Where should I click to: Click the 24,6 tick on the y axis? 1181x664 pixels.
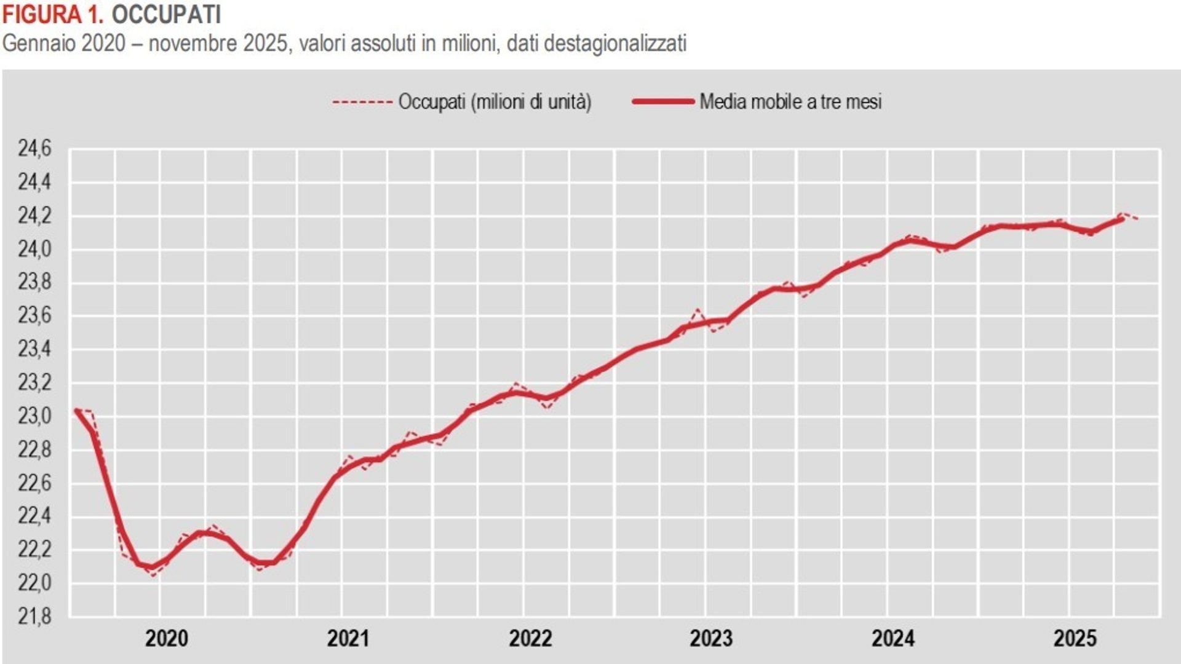(x=34, y=149)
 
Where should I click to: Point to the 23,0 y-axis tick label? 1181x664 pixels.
(x=34, y=416)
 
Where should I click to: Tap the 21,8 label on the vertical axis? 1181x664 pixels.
(x=34, y=616)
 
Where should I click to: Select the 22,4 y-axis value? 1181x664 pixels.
(x=34, y=516)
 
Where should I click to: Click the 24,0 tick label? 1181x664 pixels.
(x=34, y=249)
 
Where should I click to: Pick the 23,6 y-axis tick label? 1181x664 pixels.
(x=34, y=316)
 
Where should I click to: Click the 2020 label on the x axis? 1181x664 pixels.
(x=167, y=639)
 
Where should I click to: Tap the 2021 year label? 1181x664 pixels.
(x=348, y=639)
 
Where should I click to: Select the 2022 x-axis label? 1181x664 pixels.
(x=530, y=639)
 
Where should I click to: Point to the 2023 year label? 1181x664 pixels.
(x=711, y=639)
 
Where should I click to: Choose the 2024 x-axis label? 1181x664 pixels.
(x=893, y=639)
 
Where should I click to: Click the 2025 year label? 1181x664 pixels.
(x=1075, y=639)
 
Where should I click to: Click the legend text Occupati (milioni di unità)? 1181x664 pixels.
(x=495, y=101)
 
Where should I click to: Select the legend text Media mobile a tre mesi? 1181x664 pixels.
(x=790, y=101)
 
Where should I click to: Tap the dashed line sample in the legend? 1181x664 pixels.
(x=362, y=101)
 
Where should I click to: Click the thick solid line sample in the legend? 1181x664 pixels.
(x=663, y=101)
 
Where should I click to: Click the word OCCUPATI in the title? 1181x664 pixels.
(x=166, y=15)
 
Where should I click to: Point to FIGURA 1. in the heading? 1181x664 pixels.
(x=53, y=15)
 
